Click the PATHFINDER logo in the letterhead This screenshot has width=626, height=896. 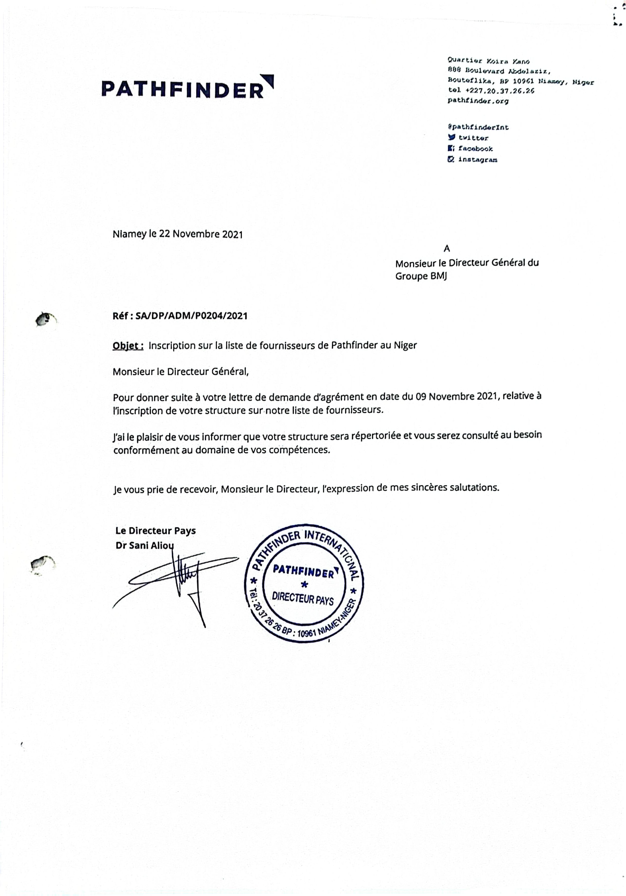pyautogui.click(x=187, y=88)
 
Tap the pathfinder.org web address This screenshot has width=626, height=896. pyautogui.click(x=478, y=101)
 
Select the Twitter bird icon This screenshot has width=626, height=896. pyautogui.click(x=451, y=137)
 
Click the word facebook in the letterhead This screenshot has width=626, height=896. pyautogui.click(x=475, y=149)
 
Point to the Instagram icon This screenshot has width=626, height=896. pyautogui.click(x=451, y=159)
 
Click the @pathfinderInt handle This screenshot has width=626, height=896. pyautogui.click(x=478, y=127)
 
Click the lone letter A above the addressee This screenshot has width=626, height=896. pyautogui.click(x=447, y=248)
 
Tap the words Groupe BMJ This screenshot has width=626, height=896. pyautogui.click(x=421, y=276)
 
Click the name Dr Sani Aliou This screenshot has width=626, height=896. pyautogui.click(x=145, y=545)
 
